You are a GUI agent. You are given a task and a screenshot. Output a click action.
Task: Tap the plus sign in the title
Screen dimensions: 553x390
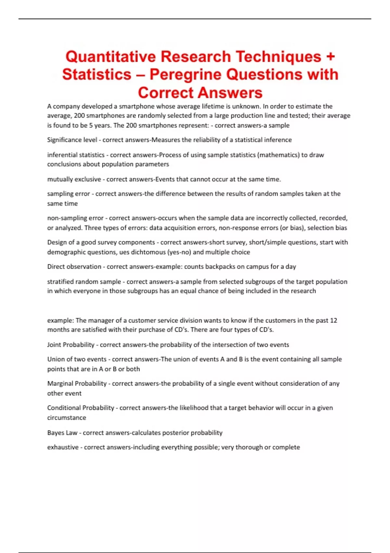(x=330, y=57)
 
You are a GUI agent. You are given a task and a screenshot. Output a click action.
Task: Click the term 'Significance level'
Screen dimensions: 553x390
(x=72, y=140)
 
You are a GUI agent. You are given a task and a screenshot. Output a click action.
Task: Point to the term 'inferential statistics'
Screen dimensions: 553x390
(x=76, y=155)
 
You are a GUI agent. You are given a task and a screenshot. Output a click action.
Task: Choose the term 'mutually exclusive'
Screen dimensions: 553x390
(x=74, y=179)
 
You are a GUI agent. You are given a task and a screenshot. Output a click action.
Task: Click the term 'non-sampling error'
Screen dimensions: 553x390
(x=75, y=218)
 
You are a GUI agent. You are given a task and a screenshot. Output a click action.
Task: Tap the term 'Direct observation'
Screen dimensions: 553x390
(x=74, y=267)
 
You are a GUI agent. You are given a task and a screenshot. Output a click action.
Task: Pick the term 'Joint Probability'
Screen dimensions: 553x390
(x=71, y=345)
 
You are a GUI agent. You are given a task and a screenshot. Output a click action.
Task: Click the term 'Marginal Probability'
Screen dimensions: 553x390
(x=77, y=384)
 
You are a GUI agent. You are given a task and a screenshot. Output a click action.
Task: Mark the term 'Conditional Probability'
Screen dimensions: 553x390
(x=81, y=408)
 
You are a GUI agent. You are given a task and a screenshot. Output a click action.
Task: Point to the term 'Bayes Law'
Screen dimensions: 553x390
(x=62, y=433)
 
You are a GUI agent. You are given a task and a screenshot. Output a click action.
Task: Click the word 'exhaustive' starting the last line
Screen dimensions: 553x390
(x=63, y=447)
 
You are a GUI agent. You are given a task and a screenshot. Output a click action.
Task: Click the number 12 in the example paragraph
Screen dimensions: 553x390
(x=333, y=320)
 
